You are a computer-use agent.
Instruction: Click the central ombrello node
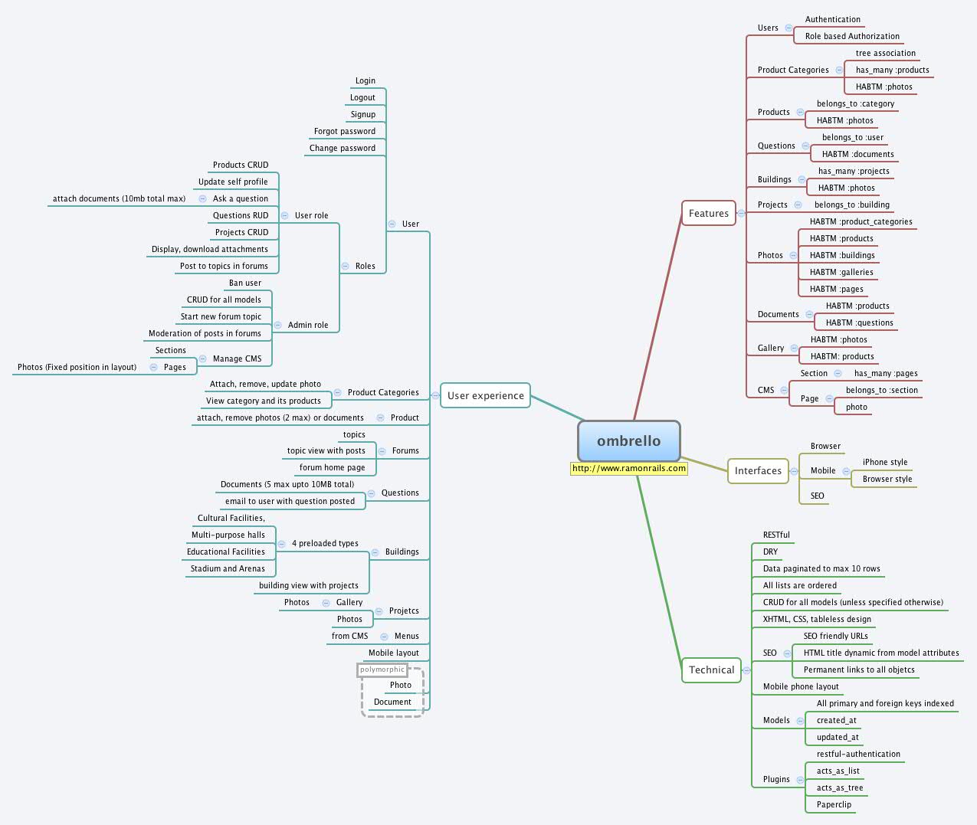[x=628, y=441]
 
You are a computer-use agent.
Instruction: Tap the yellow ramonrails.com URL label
[x=628, y=468]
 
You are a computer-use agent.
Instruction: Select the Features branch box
[x=708, y=214]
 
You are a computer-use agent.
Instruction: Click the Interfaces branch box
[x=758, y=471]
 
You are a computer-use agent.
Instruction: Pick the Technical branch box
[x=711, y=670]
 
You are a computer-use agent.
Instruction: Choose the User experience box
[x=485, y=396]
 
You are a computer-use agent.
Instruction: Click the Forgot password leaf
[x=344, y=132]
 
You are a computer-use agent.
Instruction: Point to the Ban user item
[x=244, y=283]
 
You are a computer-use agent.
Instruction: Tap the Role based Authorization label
[x=852, y=37]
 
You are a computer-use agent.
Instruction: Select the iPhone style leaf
[x=884, y=463]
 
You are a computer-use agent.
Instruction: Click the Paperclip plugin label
[x=834, y=805]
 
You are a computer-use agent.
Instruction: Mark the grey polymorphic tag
[x=382, y=670]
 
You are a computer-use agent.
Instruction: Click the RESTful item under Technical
[x=776, y=535]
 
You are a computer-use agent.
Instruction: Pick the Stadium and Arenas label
[x=228, y=569]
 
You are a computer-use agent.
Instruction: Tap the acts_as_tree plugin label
[x=839, y=788]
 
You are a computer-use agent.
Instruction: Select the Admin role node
[x=308, y=326]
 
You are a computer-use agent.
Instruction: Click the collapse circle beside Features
[x=741, y=214]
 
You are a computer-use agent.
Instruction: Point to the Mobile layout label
[x=393, y=653]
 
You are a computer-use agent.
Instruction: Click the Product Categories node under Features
[x=793, y=70]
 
